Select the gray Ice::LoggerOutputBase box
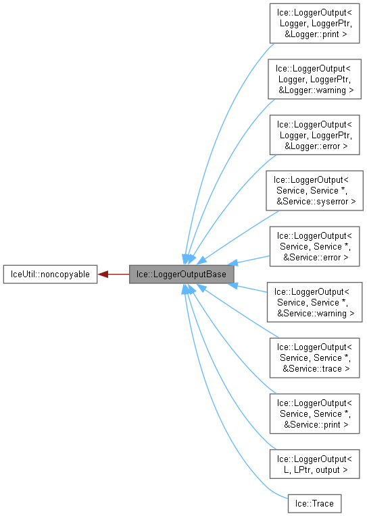click(x=182, y=274)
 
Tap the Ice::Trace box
click(x=314, y=503)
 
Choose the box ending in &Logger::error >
click(x=314, y=135)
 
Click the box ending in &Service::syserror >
click(x=314, y=191)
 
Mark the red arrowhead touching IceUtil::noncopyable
click(x=102, y=274)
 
